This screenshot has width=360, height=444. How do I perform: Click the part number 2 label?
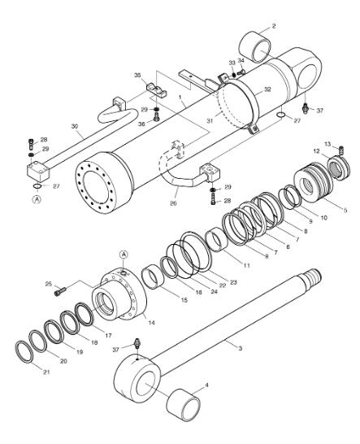click(274, 26)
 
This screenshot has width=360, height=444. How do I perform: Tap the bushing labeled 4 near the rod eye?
click(184, 406)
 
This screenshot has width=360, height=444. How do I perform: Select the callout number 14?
click(151, 323)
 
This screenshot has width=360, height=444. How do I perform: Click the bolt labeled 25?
click(59, 291)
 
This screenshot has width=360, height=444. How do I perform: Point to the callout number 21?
click(46, 372)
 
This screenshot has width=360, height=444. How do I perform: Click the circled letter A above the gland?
click(124, 255)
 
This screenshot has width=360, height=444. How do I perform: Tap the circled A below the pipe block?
click(37, 199)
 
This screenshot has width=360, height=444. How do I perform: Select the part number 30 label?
click(75, 126)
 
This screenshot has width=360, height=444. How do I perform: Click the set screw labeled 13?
click(341, 150)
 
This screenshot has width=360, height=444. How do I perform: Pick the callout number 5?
click(345, 210)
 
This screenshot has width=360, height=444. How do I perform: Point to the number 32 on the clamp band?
click(267, 89)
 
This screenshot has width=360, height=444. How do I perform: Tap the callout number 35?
click(137, 76)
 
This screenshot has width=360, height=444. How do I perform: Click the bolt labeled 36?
click(157, 115)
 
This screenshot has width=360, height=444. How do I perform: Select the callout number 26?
click(173, 203)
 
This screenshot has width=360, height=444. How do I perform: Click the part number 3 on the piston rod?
click(240, 348)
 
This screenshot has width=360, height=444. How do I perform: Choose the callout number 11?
click(247, 266)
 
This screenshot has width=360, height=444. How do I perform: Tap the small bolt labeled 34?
click(241, 72)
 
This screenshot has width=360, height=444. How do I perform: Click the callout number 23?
click(233, 282)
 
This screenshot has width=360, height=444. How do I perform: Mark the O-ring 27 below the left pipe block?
click(37, 185)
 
